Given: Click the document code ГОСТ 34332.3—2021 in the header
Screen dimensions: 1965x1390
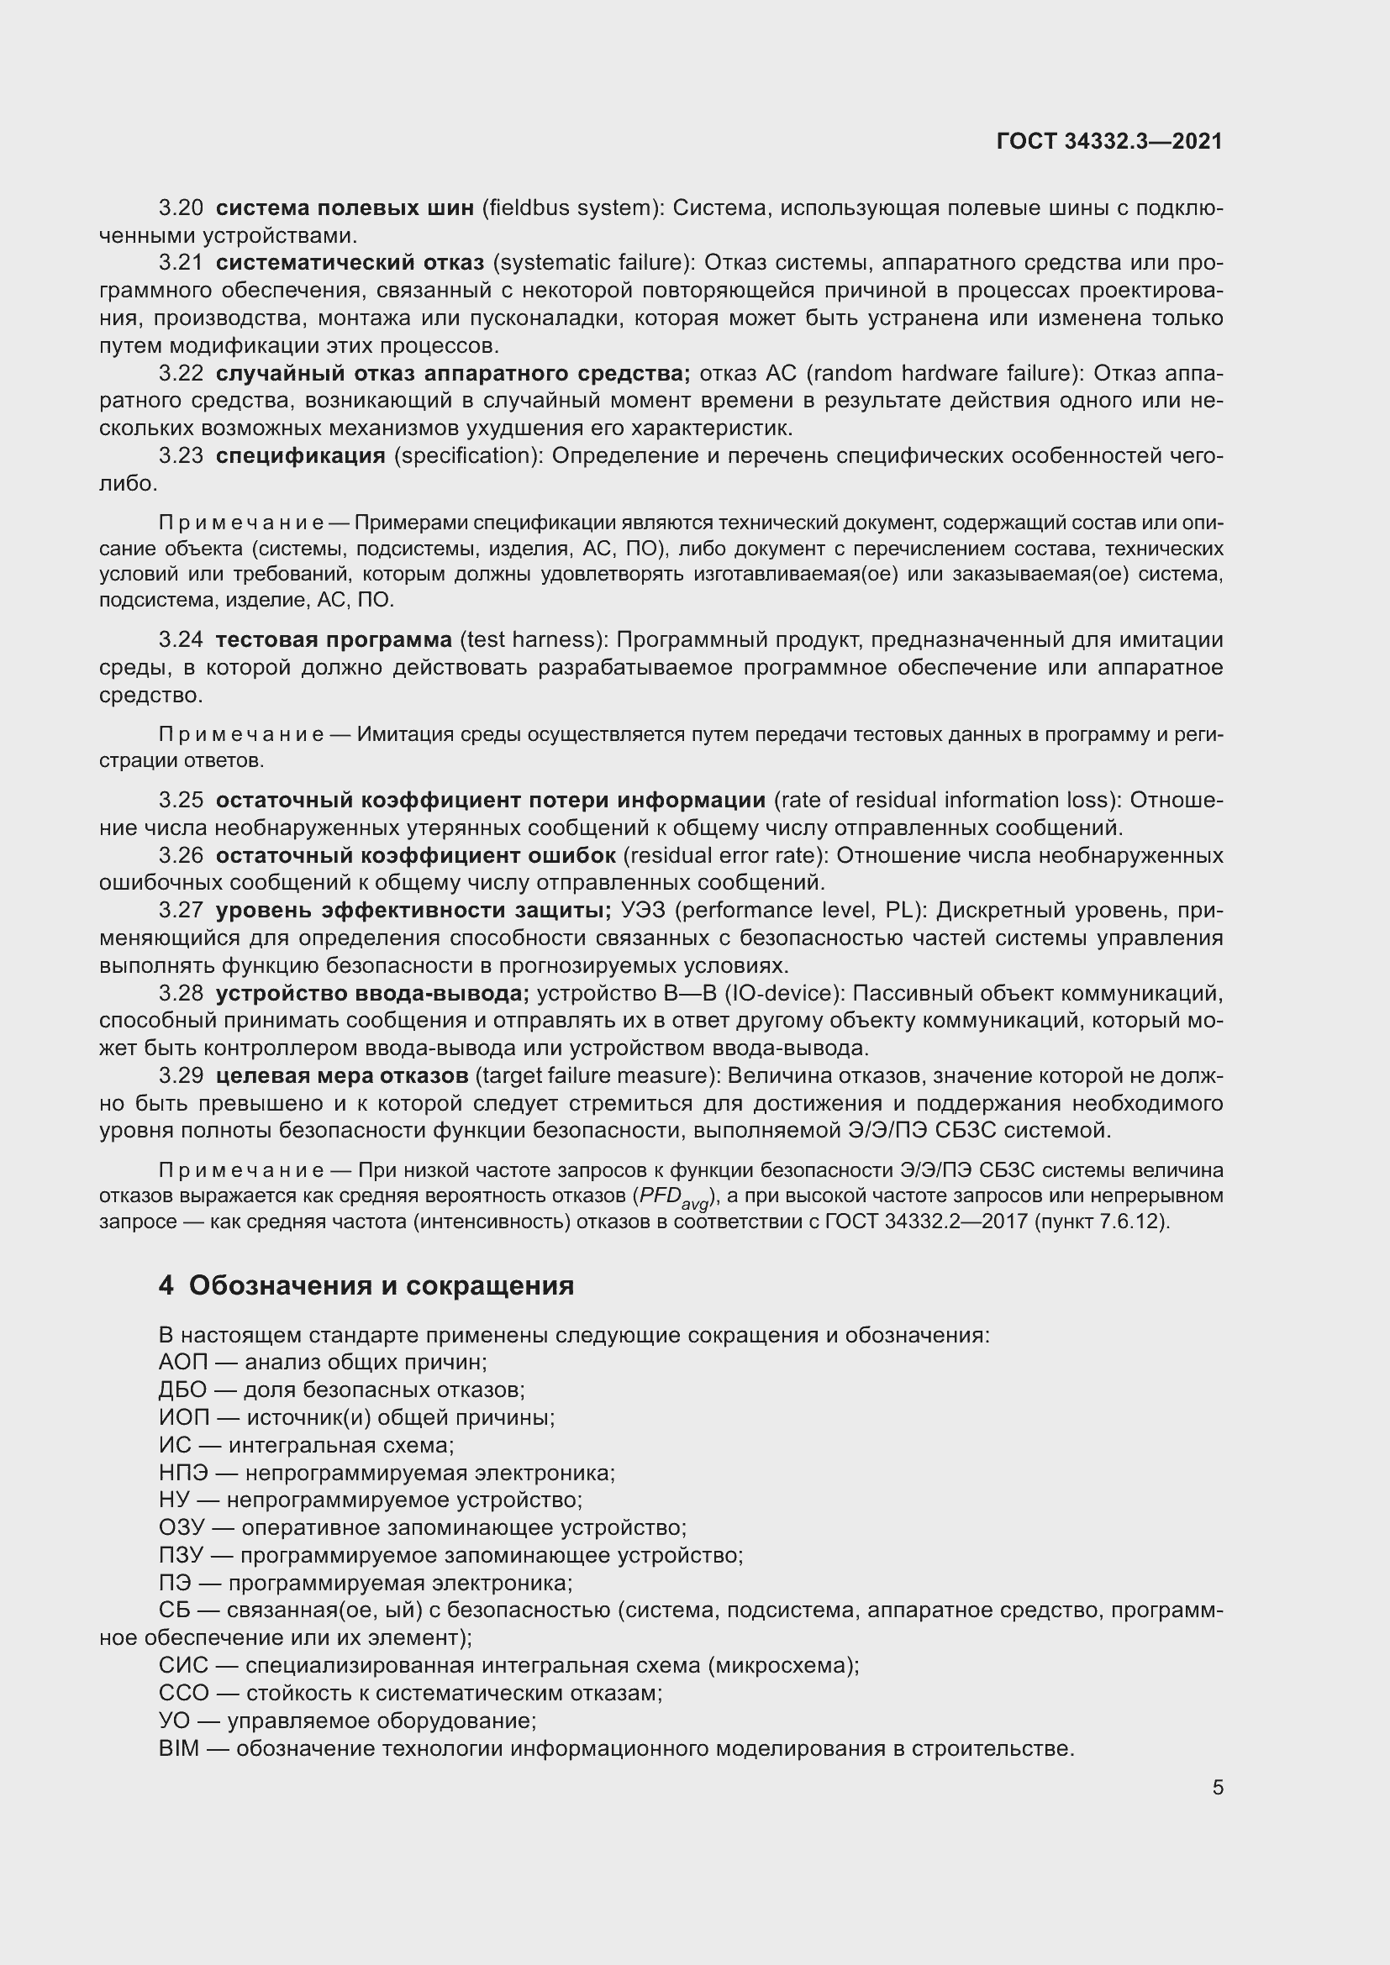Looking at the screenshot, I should pos(1109,141).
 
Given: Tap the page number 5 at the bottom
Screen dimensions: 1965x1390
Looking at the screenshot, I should pos(1217,1787).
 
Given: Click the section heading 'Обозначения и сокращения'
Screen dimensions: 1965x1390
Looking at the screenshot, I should pos(381,1285).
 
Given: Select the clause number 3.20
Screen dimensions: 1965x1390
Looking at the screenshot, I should pos(181,208).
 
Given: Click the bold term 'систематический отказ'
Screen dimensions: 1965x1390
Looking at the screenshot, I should pos(350,263).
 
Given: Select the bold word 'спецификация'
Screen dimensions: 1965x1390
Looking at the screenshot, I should pos(300,455).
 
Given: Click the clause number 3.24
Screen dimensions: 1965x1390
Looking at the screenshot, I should pos(181,639).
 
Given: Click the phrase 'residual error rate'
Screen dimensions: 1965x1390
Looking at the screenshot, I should pos(725,855).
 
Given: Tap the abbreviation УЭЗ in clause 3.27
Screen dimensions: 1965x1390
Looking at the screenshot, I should pos(641,910).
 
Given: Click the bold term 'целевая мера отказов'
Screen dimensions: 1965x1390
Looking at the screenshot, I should pos(341,1075).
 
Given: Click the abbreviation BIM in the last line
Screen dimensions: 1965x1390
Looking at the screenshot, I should pos(178,1748).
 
